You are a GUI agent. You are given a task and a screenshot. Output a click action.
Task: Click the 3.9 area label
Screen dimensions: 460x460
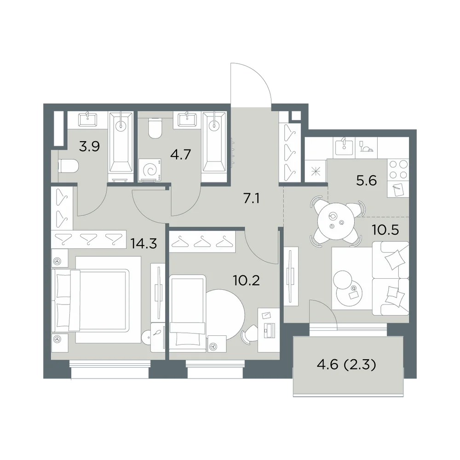pos(90,146)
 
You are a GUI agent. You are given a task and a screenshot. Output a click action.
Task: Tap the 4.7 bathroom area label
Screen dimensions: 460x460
pos(181,154)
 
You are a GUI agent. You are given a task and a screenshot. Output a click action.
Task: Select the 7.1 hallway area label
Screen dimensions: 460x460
pos(252,199)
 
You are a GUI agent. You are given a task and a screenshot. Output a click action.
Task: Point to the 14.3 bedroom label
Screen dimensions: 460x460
pos(144,243)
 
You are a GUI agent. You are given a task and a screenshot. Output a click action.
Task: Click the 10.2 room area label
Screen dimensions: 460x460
pos(247,281)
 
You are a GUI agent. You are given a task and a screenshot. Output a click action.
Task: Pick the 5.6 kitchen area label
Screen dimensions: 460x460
pos(367,181)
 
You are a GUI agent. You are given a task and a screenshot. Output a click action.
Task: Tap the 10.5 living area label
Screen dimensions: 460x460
pos(385,230)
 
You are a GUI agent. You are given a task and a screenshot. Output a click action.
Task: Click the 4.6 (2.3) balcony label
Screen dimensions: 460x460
pos(346,365)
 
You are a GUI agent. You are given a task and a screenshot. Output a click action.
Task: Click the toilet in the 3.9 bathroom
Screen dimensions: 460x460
pos(69,167)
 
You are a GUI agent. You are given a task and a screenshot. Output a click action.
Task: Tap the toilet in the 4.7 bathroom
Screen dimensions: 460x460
pos(155,128)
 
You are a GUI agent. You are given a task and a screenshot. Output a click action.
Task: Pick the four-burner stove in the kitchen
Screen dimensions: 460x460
pos(398,170)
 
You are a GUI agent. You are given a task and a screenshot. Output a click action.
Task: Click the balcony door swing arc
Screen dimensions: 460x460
pos(327,309)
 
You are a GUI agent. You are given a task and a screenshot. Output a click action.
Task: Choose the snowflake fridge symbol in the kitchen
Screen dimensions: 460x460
pos(316,171)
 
